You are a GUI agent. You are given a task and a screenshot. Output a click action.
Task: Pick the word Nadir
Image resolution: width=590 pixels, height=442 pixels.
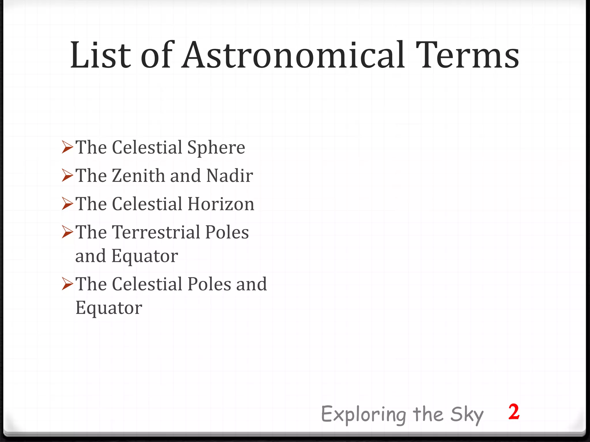(230, 176)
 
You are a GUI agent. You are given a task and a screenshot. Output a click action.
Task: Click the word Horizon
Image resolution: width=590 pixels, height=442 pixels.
(221, 204)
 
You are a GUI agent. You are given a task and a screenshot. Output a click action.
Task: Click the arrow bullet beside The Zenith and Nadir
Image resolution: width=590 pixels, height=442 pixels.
(67, 175)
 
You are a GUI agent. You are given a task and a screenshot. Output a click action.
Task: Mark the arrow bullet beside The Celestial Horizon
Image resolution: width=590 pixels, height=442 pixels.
(67, 204)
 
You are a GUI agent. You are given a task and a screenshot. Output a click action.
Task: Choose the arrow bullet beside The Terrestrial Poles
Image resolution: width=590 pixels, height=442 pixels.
(67, 232)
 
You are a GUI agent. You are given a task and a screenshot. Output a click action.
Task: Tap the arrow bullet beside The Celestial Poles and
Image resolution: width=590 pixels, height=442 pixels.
(67, 284)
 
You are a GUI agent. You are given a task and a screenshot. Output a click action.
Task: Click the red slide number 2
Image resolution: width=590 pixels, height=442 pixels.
(514, 412)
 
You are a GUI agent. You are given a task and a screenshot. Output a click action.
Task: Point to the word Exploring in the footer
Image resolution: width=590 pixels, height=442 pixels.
(364, 414)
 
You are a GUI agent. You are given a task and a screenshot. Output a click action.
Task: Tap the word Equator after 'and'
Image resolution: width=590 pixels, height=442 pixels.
(145, 256)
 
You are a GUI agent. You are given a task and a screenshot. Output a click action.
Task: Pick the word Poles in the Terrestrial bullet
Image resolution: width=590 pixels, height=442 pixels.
(227, 232)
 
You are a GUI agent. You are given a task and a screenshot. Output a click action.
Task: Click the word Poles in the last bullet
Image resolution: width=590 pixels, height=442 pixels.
(209, 284)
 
